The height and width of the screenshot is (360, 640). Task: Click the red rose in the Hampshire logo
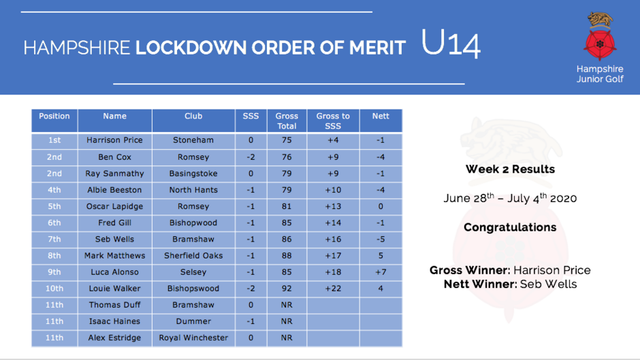pyautogui.click(x=600, y=44)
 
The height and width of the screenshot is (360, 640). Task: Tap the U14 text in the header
pyautogui.click(x=451, y=44)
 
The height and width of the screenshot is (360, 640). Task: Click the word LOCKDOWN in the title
pyautogui.click(x=191, y=48)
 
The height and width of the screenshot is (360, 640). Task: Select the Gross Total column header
pyautogui.click(x=287, y=121)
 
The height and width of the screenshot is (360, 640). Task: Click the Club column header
pyautogui.click(x=193, y=121)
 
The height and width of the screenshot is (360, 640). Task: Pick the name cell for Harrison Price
pyautogui.click(x=114, y=140)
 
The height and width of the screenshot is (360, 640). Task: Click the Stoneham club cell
pyautogui.click(x=193, y=140)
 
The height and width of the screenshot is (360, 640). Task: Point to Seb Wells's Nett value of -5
pyautogui.click(x=381, y=239)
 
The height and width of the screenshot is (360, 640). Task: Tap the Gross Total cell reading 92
pyautogui.click(x=287, y=289)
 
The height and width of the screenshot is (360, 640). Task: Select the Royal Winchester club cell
pyautogui.click(x=193, y=338)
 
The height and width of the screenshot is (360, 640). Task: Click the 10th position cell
pyautogui.click(x=54, y=289)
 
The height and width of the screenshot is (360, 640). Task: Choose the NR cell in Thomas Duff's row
pyautogui.click(x=287, y=305)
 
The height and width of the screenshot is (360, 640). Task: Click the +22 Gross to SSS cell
pyautogui.click(x=333, y=289)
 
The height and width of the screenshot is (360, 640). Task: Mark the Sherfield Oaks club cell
pyautogui.click(x=193, y=256)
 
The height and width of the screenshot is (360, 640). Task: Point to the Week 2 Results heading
pyautogui.click(x=510, y=169)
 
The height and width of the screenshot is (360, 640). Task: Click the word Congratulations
pyautogui.click(x=510, y=227)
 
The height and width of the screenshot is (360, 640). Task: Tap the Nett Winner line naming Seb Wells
pyautogui.click(x=510, y=284)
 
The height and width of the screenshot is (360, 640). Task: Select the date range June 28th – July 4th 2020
pyautogui.click(x=510, y=198)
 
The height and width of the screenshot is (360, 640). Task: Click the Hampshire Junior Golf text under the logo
pyautogui.click(x=600, y=74)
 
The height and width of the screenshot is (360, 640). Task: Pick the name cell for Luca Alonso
pyautogui.click(x=114, y=272)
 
